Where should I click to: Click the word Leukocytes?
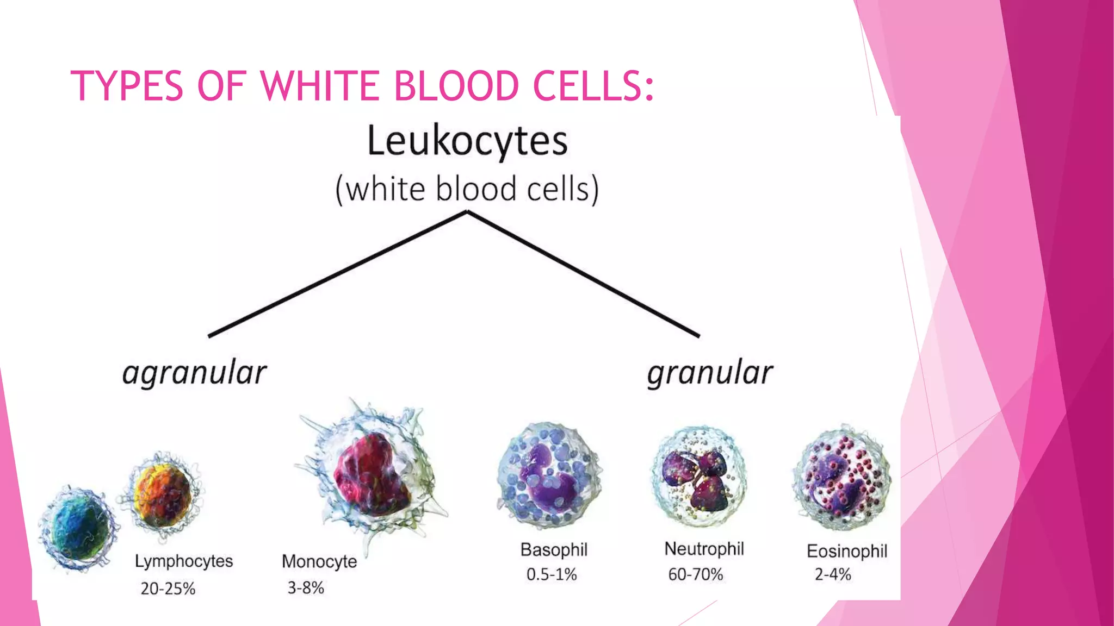[x=467, y=141]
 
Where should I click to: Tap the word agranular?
[x=194, y=373]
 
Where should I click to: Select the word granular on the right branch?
[x=710, y=373]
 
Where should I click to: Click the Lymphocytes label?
[x=184, y=561]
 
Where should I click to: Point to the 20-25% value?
[x=168, y=589]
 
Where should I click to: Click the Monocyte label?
[x=319, y=561]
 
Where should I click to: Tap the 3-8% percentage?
[x=306, y=587]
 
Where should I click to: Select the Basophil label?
[x=554, y=549]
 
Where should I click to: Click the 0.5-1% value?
[x=552, y=574]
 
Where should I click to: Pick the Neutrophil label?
[x=704, y=549]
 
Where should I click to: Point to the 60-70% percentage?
[x=696, y=574]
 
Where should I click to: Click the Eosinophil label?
[x=847, y=551]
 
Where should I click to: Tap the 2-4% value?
[x=833, y=574]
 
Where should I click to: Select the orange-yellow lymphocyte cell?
[x=162, y=494]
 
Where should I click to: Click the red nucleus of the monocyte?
[x=372, y=475]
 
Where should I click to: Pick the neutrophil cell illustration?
[x=699, y=477]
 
